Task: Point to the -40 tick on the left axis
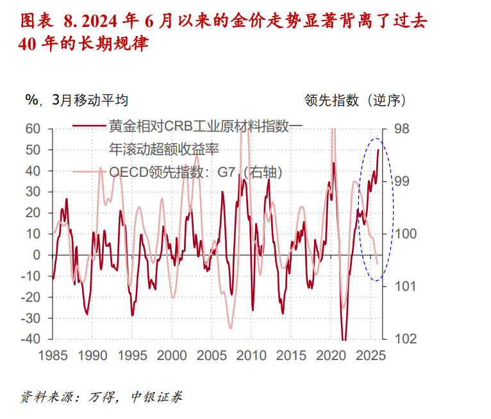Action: pyautogui.click(x=30, y=339)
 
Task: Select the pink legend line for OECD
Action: pyautogui.click(x=90, y=171)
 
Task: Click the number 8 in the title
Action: pyautogui.click(x=69, y=22)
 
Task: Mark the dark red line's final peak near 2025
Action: pyautogui.click(x=378, y=150)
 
